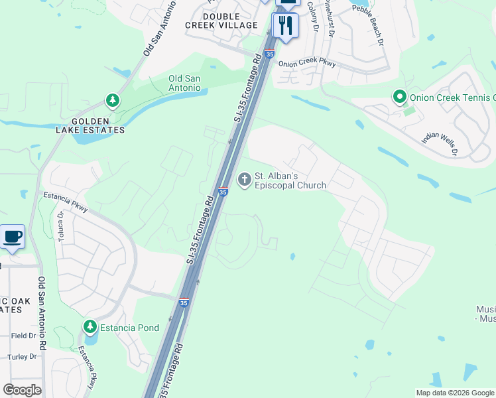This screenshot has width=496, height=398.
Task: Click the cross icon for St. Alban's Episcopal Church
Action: click(244, 179)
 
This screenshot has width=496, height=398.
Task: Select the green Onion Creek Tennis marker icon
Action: click(399, 98)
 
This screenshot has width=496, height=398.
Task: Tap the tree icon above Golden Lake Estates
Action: click(113, 101)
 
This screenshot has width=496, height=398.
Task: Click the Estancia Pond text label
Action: click(129, 328)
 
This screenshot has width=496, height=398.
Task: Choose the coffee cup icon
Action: click(13, 237)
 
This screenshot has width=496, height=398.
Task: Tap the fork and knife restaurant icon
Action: click(286, 26)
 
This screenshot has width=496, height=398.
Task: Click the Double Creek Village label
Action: click(230, 21)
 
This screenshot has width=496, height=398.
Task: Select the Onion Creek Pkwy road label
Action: click(307, 64)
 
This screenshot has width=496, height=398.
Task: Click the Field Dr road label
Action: click(23, 336)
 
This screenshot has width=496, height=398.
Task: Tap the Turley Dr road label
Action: click(23, 357)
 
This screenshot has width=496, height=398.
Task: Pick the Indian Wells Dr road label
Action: click(440, 143)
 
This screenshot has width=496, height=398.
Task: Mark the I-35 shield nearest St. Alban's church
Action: click(223, 192)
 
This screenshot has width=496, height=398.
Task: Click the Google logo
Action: click(23, 390)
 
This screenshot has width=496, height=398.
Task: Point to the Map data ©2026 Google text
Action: click(455, 393)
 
